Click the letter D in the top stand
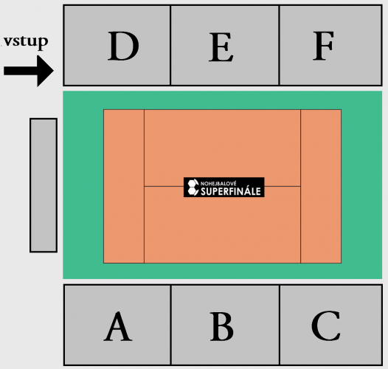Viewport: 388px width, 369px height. (x=123, y=46)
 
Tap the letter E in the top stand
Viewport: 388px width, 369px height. (x=221, y=47)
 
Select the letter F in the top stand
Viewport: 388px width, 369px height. (x=323, y=46)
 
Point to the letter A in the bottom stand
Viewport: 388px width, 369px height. (x=118, y=326)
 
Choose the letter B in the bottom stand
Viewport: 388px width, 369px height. (x=222, y=326)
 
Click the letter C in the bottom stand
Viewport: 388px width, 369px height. (x=325, y=325)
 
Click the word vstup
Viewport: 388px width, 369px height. (x=26, y=41)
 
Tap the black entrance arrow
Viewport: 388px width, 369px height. (x=29, y=71)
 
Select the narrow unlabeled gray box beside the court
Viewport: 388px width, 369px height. (x=44, y=185)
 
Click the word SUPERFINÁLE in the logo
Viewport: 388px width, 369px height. (x=231, y=191)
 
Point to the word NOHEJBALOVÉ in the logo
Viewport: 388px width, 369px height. (x=218, y=184)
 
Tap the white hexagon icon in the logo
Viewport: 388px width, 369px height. (x=193, y=187)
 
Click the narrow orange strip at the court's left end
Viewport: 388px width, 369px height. (x=124, y=186)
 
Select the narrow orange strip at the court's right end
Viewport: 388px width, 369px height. (x=321, y=186)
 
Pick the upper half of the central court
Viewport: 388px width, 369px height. (x=222, y=148)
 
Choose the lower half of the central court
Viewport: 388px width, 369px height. (x=222, y=224)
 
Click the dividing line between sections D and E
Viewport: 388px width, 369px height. (x=170, y=45)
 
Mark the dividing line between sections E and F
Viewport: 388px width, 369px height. (x=279, y=45)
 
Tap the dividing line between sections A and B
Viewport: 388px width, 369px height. (x=170, y=325)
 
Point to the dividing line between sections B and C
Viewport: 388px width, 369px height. (x=280, y=325)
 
